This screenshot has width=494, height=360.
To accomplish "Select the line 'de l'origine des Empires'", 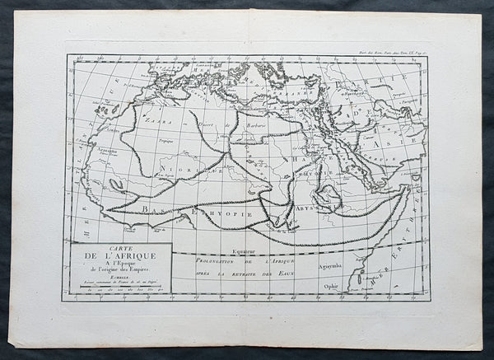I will pyautogui.click(x=121, y=272).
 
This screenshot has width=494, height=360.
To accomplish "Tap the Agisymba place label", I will pyautogui.click(x=332, y=268).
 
